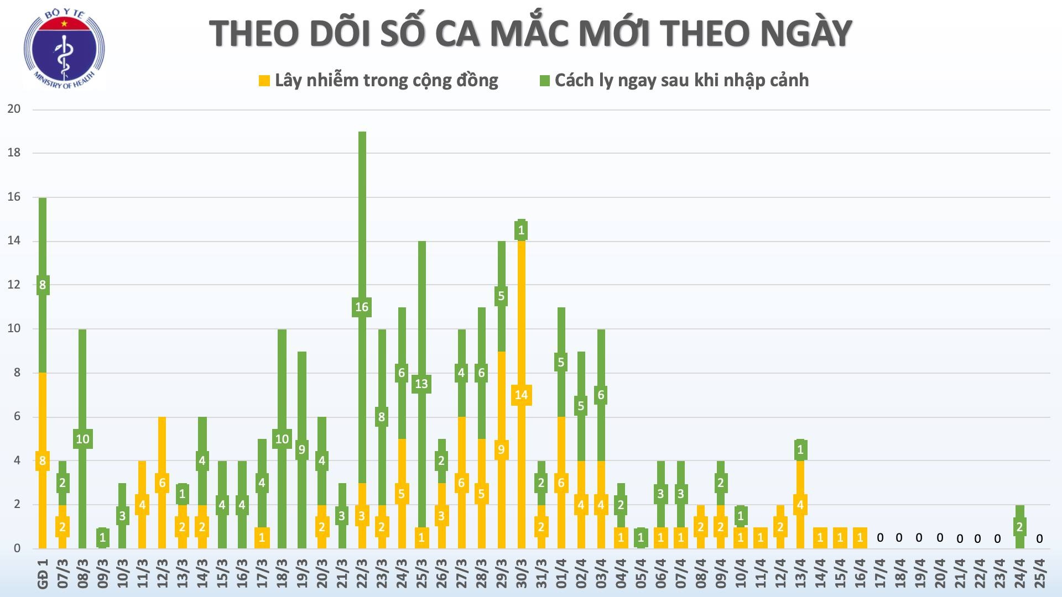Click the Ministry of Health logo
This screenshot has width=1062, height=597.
click(x=64, y=50)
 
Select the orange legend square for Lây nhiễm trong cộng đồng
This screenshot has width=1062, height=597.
click(x=264, y=81)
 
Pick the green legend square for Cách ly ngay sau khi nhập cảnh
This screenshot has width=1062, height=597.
click(x=544, y=81)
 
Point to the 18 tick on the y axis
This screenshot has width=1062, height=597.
click(x=14, y=153)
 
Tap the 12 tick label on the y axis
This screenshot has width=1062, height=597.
click(x=14, y=285)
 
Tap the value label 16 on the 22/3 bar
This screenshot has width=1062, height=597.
click(x=361, y=307)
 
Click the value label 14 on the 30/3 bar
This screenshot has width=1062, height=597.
click(x=521, y=395)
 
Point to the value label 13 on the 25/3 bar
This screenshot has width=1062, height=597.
click(x=421, y=384)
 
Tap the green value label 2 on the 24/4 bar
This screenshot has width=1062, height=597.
click(x=1020, y=527)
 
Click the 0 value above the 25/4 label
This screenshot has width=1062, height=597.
click(x=1039, y=538)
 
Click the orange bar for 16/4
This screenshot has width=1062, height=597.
click(x=860, y=537)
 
